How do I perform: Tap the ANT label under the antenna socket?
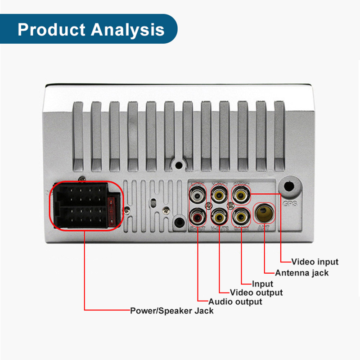click(263, 228)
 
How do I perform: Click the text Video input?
click(315, 261)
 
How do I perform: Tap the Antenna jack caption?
click(302, 273)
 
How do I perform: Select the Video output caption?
click(256, 292)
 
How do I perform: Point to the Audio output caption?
click(235, 301)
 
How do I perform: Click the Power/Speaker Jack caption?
click(172, 310)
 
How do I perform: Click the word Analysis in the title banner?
click(127, 30)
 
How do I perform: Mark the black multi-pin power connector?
click(85, 205)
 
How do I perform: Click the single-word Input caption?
click(262, 283)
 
